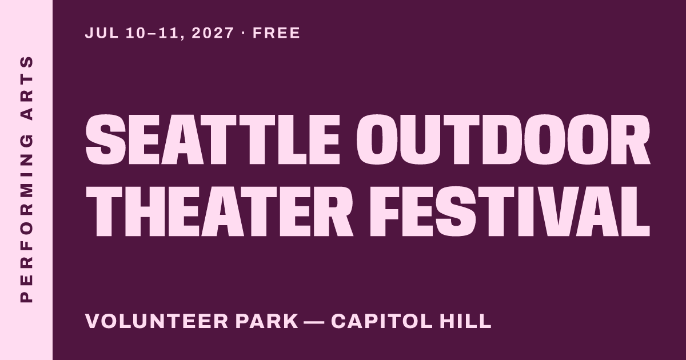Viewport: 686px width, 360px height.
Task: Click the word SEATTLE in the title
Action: [213, 139]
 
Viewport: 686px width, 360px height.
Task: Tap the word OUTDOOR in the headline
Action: [503, 139]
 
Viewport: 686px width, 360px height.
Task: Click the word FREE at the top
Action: [276, 33]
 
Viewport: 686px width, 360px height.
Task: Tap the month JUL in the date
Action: [102, 33]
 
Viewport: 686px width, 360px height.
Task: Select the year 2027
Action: [213, 33]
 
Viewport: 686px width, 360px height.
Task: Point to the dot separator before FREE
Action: [244, 33]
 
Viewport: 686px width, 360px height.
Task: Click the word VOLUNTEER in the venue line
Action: [157, 321]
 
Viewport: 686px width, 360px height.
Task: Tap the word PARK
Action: [267, 321]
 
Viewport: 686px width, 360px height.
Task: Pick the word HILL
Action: [465, 321]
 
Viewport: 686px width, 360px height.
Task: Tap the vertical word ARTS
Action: [26, 88]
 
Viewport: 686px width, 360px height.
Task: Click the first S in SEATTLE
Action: [106, 139]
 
